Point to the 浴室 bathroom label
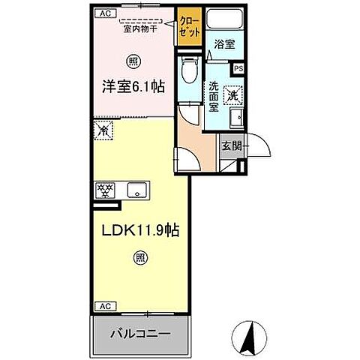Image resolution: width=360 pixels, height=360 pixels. [x=225, y=44]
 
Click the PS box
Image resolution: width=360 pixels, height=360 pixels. [x=238, y=68]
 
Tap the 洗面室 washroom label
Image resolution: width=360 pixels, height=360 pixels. [x=214, y=96]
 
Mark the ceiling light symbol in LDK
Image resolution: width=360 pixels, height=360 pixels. [x=140, y=259]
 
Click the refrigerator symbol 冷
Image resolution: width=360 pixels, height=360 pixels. [x=103, y=130]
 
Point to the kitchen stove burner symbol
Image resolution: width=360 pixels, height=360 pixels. [x=104, y=189]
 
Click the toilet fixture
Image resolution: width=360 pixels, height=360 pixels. [x=190, y=73]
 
